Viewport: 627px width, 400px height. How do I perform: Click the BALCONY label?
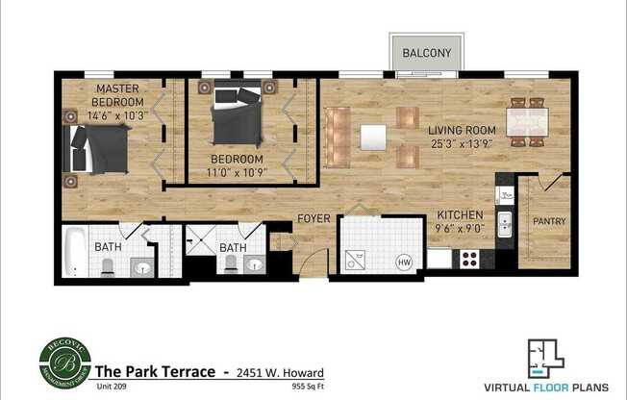427,52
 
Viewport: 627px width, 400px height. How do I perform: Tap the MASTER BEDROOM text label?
118,95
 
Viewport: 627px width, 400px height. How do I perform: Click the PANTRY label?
549,221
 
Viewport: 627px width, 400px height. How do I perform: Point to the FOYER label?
313,218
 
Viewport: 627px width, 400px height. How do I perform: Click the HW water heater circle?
404,260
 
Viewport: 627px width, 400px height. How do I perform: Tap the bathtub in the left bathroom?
77,252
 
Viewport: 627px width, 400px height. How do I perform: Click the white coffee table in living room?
373,137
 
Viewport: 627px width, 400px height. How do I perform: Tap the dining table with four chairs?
527,122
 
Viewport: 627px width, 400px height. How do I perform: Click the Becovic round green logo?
64,362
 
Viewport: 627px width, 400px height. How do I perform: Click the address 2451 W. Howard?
280,373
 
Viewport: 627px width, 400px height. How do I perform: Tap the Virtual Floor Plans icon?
544,357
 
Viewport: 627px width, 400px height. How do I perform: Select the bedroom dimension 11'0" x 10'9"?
236,173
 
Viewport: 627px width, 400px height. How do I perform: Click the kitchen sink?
504,226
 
